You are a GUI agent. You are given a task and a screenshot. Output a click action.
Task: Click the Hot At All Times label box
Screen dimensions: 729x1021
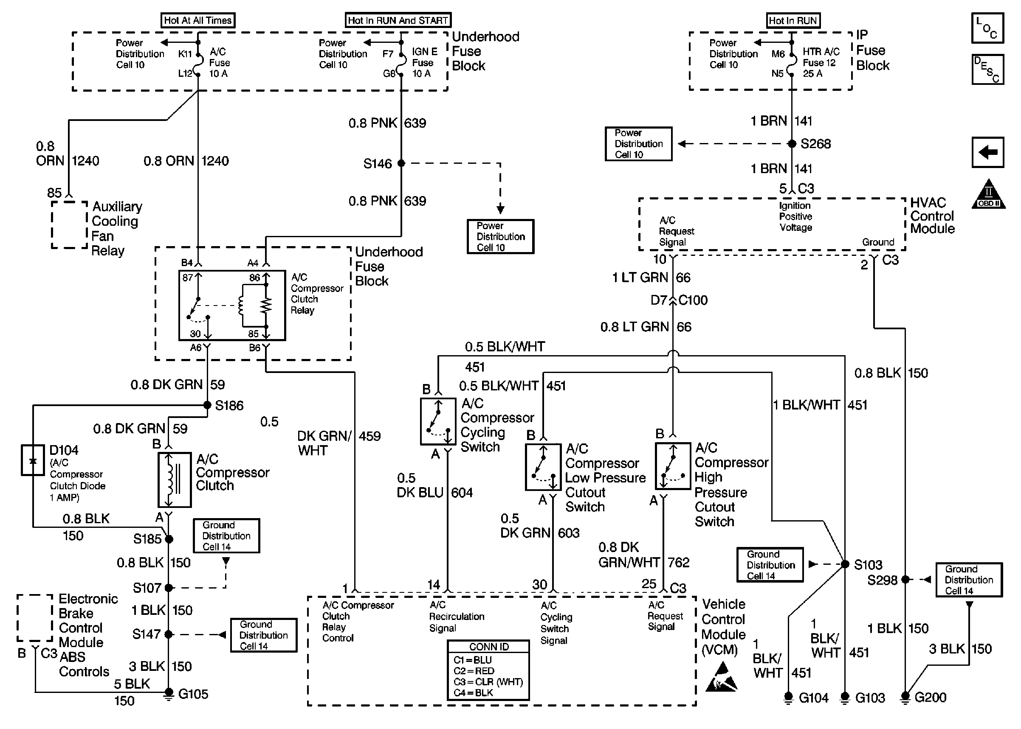197,20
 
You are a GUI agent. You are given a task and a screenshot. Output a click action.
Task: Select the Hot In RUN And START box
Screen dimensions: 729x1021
398,20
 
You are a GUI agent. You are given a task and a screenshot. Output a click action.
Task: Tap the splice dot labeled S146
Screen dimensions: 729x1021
401,163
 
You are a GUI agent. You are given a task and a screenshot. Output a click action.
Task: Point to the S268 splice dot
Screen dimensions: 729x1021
793,144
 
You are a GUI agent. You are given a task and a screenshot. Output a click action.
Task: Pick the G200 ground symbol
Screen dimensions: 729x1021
905,697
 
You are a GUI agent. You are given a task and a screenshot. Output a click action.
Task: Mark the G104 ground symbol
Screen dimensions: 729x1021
788,698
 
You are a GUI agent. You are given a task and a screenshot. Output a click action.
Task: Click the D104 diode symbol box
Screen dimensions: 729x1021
33,460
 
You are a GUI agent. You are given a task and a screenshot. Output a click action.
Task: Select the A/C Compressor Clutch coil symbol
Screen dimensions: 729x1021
174,480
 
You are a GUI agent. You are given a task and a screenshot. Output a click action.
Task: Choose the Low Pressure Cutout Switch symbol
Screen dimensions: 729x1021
543,467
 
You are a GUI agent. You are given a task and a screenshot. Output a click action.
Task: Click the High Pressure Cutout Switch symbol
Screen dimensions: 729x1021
672,466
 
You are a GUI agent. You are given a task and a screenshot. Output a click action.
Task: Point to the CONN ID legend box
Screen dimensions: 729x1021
488,670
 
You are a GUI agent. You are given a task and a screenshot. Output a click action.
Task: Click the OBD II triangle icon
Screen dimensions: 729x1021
988,195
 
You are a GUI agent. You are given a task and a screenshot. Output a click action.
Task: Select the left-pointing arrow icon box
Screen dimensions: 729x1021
988,152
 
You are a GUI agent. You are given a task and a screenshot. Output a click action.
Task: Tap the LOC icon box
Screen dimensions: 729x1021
987,28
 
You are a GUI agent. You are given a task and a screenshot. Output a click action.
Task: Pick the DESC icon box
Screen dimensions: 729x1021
987,70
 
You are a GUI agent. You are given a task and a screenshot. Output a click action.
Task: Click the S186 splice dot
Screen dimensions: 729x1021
207,405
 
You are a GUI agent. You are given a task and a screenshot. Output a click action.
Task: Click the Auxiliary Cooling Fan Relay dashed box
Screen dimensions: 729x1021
69,224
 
